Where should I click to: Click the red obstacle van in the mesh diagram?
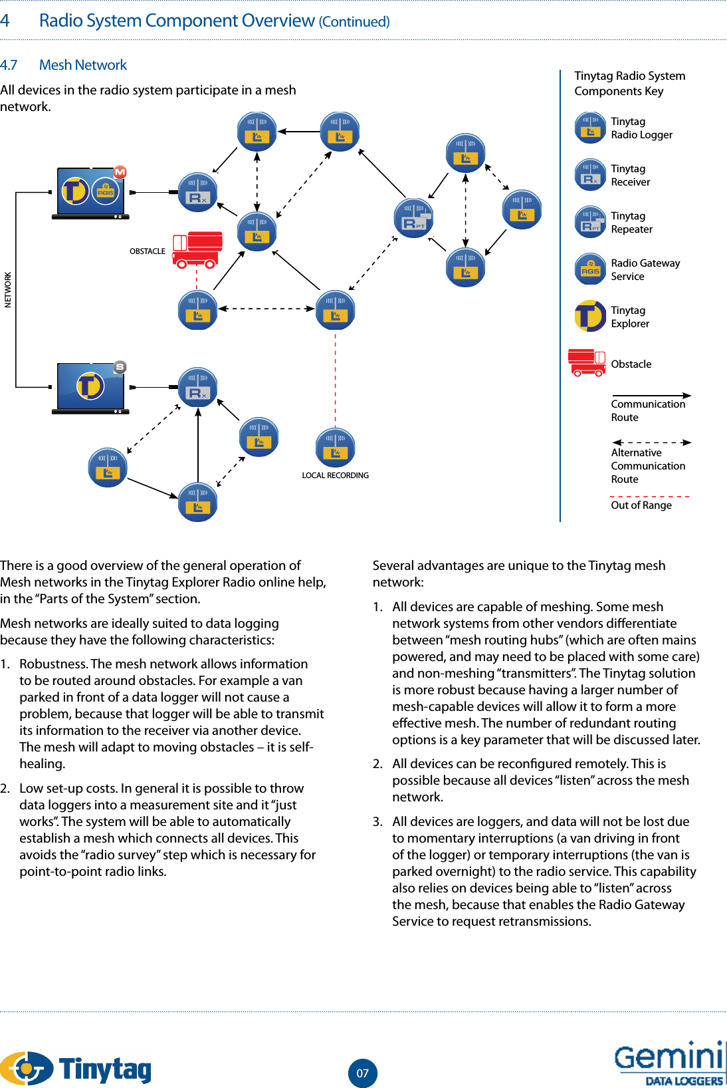click(x=197, y=249)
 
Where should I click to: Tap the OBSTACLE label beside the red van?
click(x=147, y=251)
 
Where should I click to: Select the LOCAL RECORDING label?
click(x=335, y=476)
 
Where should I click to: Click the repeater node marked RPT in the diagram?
click(x=414, y=217)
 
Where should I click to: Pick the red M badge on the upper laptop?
click(x=120, y=172)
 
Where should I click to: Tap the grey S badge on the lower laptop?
click(x=120, y=366)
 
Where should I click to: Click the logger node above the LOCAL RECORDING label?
click(x=335, y=447)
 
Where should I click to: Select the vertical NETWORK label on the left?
click(x=8, y=290)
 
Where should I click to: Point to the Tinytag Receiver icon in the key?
click(x=590, y=175)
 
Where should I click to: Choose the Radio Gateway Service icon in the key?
click(x=590, y=269)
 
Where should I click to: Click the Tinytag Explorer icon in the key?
click(x=590, y=316)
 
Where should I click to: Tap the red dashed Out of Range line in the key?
click(x=649, y=496)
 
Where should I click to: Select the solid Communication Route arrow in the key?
click(x=651, y=396)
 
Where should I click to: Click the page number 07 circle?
click(x=362, y=1073)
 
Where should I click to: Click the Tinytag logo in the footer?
click(x=76, y=1068)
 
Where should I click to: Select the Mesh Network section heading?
click(x=82, y=65)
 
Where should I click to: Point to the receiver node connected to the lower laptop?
click(x=197, y=387)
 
